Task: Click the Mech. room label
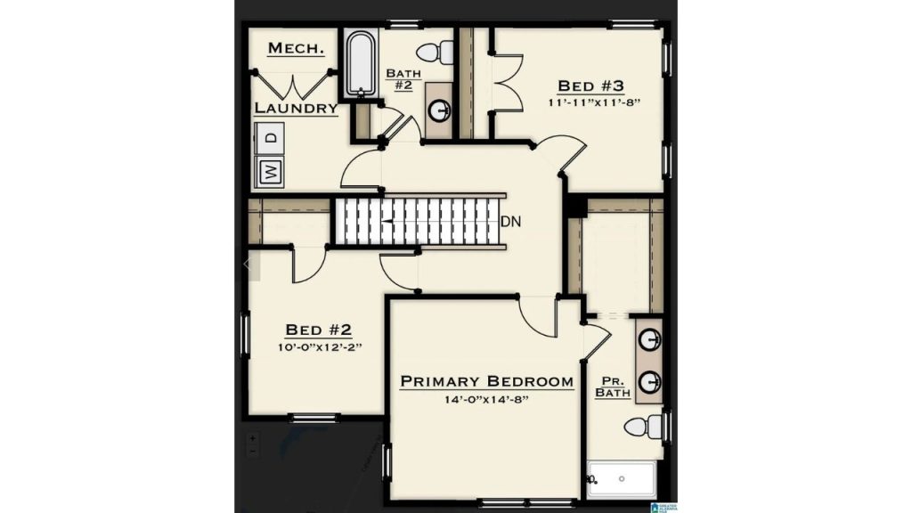(296, 48)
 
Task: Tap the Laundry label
(296, 108)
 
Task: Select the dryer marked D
(270, 138)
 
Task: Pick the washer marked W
(270, 172)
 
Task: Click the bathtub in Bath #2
(360, 63)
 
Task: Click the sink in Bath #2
(439, 110)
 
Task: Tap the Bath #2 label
(403, 79)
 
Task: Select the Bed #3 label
(590, 86)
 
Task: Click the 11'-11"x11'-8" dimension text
(593, 102)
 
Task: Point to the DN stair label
(510, 222)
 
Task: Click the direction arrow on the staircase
(387, 222)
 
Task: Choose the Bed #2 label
(318, 330)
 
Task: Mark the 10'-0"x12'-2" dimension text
(320, 347)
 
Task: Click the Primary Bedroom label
(487, 381)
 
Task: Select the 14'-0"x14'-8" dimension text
(486, 400)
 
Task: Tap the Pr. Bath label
(613, 387)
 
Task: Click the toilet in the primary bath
(644, 427)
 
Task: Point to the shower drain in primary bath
(621, 478)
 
